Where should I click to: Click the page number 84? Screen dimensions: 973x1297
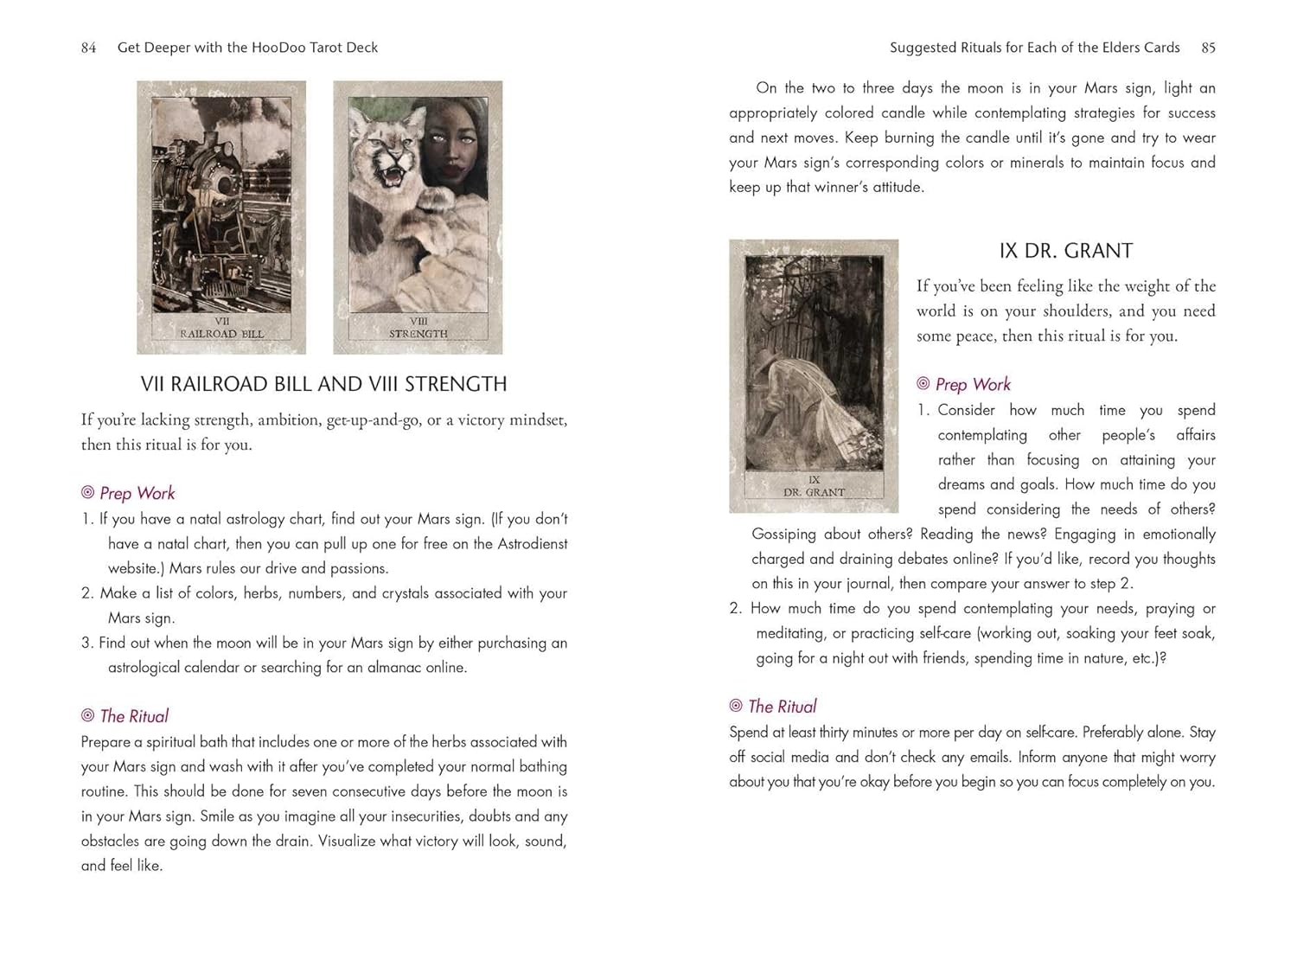pyautogui.click(x=88, y=48)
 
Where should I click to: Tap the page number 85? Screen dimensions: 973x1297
pyautogui.click(x=1208, y=48)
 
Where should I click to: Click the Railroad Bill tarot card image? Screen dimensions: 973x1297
pyautogui.click(x=221, y=216)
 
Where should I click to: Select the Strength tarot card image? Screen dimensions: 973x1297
pyautogui.click(x=418, y=216)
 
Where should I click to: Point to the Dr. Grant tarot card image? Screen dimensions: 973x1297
pyautogui.click(x=814, y=375)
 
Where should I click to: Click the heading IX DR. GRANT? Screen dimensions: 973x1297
pyautogui.click(x=1065, y=251)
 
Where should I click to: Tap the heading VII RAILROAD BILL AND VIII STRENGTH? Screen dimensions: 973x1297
pyautogui.click(x=323, y=384)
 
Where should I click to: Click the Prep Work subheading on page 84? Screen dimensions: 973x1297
pyautogui.click(x=137, y=493)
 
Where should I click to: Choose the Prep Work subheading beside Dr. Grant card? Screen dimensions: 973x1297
pyautogui.click(x=972, y=384)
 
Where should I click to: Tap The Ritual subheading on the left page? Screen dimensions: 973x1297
pyautogui.click(x=134, y=716)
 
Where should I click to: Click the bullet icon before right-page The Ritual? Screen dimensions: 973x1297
pyautogui.click(x=736, y=706)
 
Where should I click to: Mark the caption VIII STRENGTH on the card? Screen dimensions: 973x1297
pyautogui.click(x=418, y=328)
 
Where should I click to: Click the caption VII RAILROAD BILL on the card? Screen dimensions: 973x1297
pyautogui.click(x=221, y=328)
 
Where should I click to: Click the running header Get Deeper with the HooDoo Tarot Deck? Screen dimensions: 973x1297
pyautogui.click(x=247, y=48)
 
